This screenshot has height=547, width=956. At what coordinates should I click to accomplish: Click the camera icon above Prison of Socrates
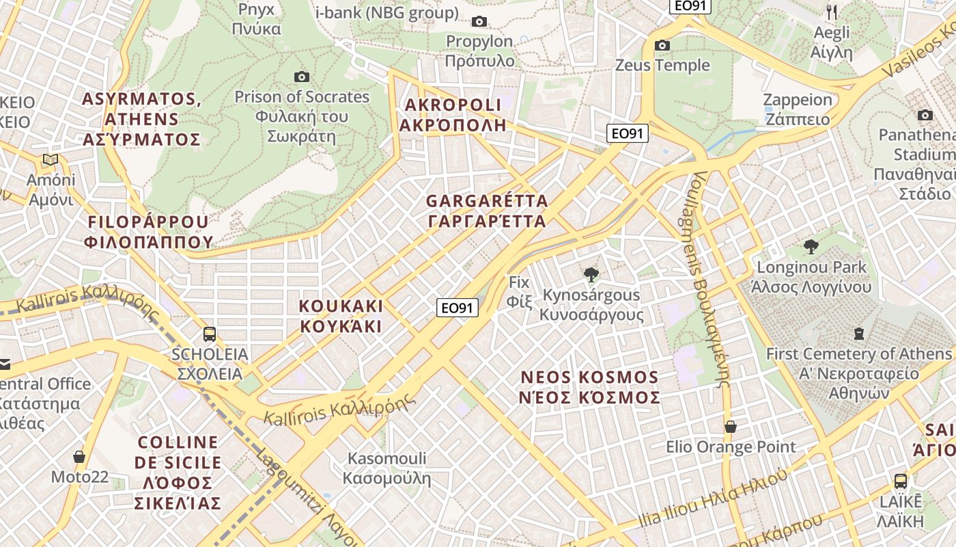(x=301, y=77)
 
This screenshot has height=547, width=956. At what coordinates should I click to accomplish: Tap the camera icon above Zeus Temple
(x=662, y=46)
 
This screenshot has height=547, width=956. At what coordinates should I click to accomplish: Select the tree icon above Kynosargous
(x=591, y=275)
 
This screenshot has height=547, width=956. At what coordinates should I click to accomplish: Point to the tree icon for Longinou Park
(x=811, y=247)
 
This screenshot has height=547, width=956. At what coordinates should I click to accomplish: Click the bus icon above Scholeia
(x=210, y=334)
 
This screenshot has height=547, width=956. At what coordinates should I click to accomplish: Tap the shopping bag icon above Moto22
(x=79, y=456)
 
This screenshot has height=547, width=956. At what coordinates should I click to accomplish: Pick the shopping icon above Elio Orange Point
(x=730, y=427)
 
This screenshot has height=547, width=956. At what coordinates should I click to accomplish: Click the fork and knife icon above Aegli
(x=832, y=12)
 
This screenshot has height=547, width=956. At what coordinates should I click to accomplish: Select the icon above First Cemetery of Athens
(x=858, y=334)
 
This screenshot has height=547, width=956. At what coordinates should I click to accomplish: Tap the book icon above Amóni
(x=50, y=160)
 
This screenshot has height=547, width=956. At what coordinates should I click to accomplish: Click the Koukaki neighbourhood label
(x=341, y=316)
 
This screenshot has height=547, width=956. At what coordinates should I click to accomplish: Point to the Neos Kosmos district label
(x=590, y=387)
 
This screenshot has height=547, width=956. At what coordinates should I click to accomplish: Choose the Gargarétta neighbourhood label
(x=486, y=211)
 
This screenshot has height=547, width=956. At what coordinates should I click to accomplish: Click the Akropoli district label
(x=453, y=115)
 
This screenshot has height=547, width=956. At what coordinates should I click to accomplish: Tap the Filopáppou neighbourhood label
(x=149, y=232)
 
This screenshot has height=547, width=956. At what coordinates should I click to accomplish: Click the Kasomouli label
(x=387, y=468)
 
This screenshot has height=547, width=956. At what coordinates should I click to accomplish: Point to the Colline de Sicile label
(x=178, y=472)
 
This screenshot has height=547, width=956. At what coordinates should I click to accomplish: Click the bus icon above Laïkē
(x=900, y=481)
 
